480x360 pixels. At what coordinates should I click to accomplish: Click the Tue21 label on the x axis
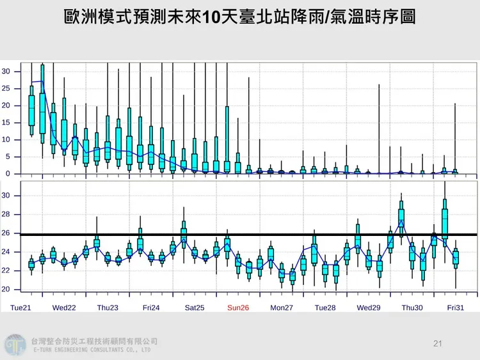(x=22, y=308)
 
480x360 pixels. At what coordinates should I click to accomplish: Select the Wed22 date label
(x=64, y=308)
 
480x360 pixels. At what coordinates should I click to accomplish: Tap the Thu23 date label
(x=108, y=308)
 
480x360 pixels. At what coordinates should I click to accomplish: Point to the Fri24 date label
(x=151, y=308)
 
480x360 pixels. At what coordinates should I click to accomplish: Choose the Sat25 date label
(x=195, y=308)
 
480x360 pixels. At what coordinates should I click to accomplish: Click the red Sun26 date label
(x=238, y=308)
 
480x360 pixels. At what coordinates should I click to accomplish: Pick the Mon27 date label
(x=282, y=308)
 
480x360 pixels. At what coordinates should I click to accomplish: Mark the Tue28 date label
(x=324, y=308)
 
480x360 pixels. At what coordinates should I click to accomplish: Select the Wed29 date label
(x=369, y=308)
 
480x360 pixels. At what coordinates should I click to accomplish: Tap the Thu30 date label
(x=412, y=308)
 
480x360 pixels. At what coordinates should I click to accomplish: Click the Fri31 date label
(x=455, y=308)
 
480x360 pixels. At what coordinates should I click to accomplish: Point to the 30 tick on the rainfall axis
(x=6, y=71)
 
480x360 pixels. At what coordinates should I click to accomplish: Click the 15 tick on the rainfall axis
(x=6, y=122)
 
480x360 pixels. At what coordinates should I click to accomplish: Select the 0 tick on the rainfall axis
(x=8, y=173)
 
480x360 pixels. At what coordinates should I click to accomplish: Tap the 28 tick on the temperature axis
(x=6, y=214)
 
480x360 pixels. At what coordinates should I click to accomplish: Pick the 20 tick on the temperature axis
(x=6, y=290)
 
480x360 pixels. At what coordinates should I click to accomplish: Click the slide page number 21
(x=438, y=345)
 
